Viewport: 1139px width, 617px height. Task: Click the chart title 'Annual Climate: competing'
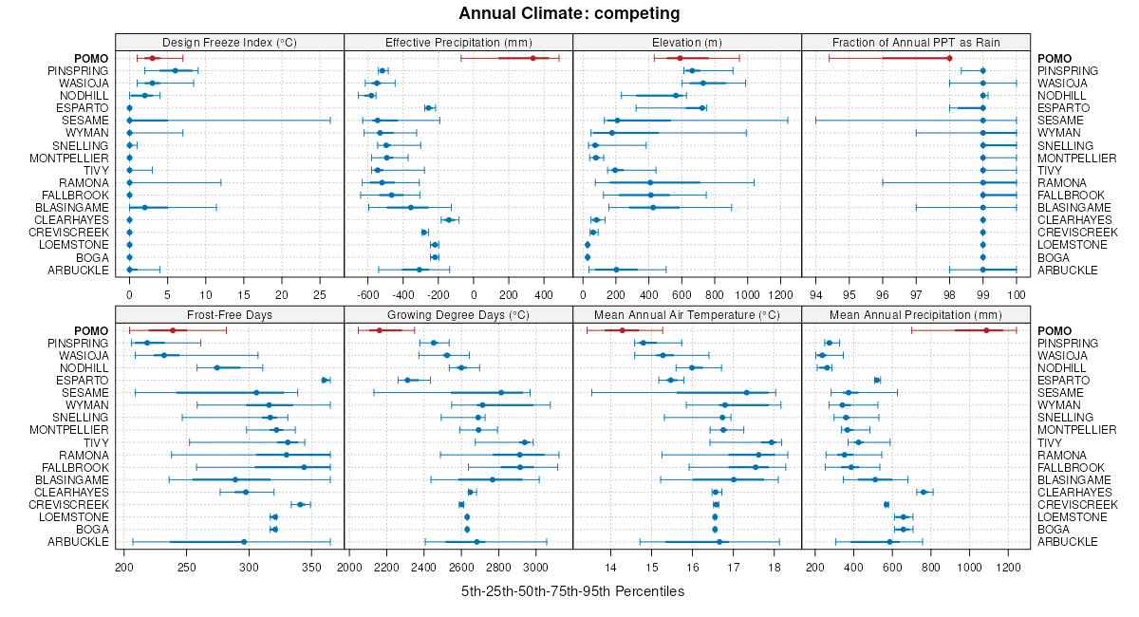point(569,13)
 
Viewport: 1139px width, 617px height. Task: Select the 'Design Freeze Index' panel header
point(230,42)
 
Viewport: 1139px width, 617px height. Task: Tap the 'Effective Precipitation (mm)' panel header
point(458,42)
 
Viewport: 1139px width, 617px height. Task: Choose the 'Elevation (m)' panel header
point(687,42)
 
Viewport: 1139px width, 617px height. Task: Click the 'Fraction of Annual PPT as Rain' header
point(916,42)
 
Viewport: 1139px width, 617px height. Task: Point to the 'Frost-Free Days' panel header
point(230,314)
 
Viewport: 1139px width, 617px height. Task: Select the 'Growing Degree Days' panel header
point(458,314)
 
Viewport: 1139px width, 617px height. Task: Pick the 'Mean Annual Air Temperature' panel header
point(687,314)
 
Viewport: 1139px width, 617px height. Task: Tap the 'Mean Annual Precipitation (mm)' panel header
point(916,314)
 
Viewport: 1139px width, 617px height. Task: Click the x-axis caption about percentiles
point(572,591)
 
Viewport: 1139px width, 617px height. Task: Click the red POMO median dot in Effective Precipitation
point(533,59)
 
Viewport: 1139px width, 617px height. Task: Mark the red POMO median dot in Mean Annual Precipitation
point(986,330)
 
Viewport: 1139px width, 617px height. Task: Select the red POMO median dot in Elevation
point(681,59)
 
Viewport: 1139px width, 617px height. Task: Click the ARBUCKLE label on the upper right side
point(1068,270)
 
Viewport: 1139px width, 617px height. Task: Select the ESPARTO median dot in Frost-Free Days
point(325,381)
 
